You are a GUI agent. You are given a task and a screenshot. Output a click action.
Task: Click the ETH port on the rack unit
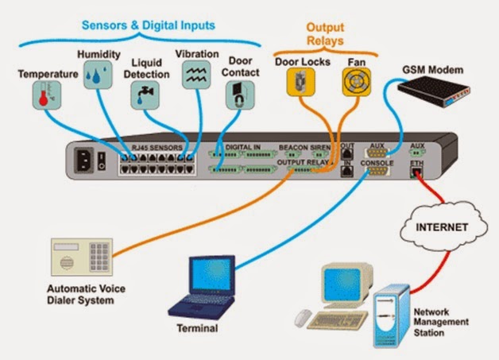[415, 171]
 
